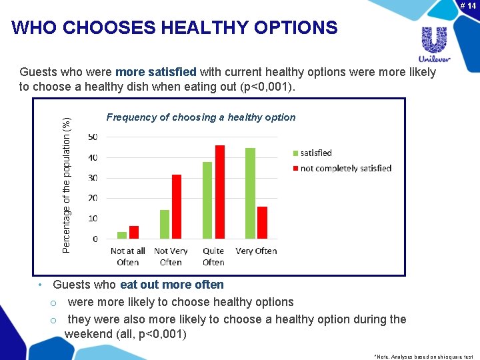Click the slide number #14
pos(467,5)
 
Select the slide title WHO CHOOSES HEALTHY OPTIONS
pos(175,28)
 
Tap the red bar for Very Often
pos(262,223)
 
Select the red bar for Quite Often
pos(219,192)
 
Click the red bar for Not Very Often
pos(177,207)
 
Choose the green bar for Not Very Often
pos(165,224)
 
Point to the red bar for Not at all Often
pos(134,232)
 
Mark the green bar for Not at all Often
pos(122,235)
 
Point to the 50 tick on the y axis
pos(92,137)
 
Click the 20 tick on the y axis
pos(92,198)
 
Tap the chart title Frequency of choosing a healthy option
pos(201,117)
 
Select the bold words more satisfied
pos(155,72)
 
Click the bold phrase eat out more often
pos(172,285)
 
